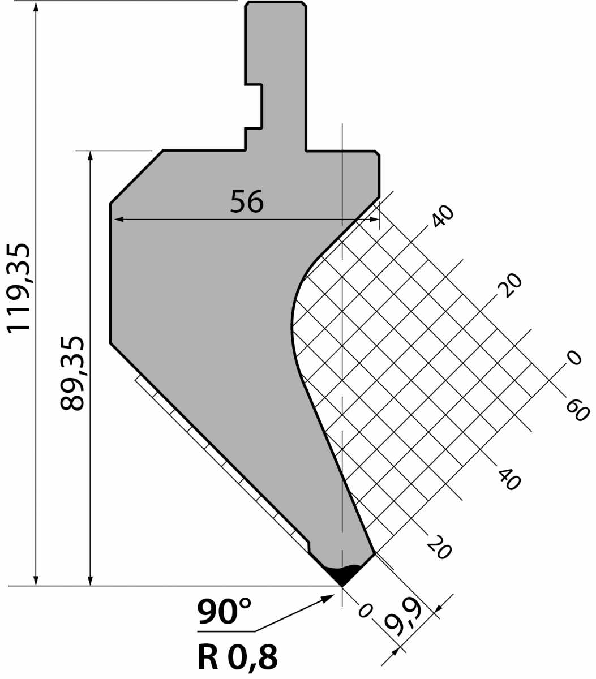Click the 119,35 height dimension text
click(19, 288)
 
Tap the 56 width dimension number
click(247, 201)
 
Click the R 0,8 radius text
click(238, 657)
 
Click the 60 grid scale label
click(577, 411)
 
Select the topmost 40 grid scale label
click(443, 216)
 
